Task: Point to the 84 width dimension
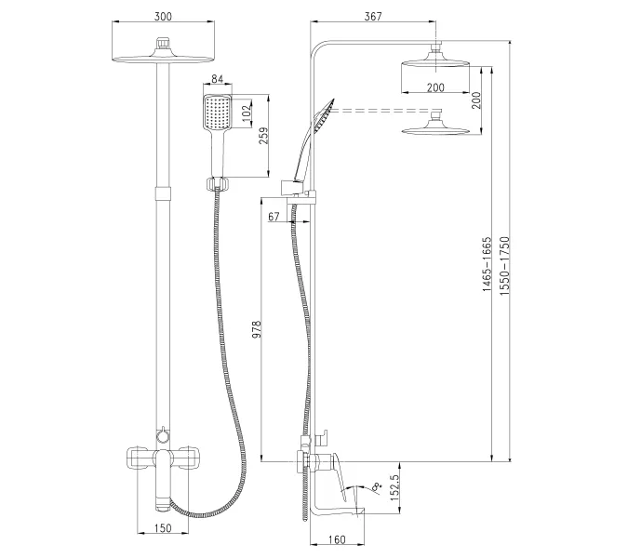click(216, 81)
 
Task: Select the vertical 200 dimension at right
click(475, 100)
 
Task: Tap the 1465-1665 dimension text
click(486, 265)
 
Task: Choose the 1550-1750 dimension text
click(504, 265)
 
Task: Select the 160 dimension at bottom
click(337, 538)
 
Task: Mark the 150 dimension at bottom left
click(162, 530)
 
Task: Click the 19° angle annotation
click(376, 485)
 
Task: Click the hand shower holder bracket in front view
click(216, 180)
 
